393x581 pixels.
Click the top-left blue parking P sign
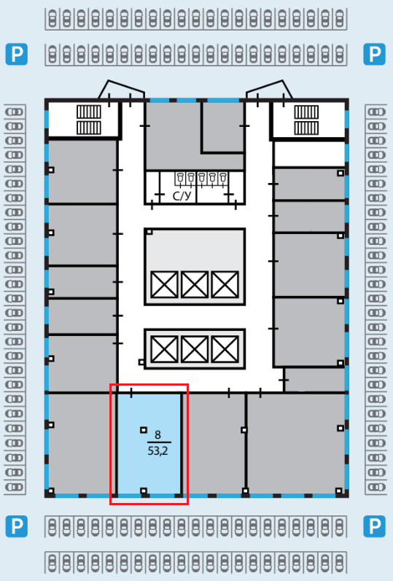pos(17,54)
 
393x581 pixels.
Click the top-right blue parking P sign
pos(375,54)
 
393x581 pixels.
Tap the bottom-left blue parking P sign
pos(17,526)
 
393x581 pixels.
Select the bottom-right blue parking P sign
pos(375,526)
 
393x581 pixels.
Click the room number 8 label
pos(158,434)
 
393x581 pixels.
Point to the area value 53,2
pos(158,451)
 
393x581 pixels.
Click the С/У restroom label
pos(182,195)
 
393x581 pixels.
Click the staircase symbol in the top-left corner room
pos(89,120)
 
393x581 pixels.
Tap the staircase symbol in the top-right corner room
pos(306,120)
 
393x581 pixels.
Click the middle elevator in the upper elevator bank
pos(195,284)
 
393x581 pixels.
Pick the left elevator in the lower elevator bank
pos(164,349)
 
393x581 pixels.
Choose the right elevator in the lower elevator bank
pos(225,349)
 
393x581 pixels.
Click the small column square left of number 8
pos(144,430)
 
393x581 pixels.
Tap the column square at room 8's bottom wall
pos(144,491)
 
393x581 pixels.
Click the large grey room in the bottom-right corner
pos(296,443)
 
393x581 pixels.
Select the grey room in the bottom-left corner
pos(79,443)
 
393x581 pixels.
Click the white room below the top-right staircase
pos(309,154)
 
